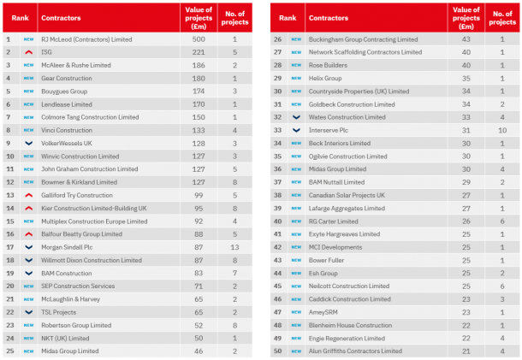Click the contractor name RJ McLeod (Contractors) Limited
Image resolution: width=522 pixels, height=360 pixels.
(x=87, y=39)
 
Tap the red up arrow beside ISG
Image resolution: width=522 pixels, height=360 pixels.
(x=28, y=52)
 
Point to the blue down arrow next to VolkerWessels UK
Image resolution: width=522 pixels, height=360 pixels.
(x=28, y=144)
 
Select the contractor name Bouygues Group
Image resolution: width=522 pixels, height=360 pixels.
(x=64, y=91)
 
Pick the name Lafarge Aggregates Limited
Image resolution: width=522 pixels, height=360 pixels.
(x=347, y=208)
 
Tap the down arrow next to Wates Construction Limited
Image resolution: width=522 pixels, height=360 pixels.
(x=296, y=117)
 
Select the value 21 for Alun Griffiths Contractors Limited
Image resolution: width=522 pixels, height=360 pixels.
(x=466, y=351)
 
